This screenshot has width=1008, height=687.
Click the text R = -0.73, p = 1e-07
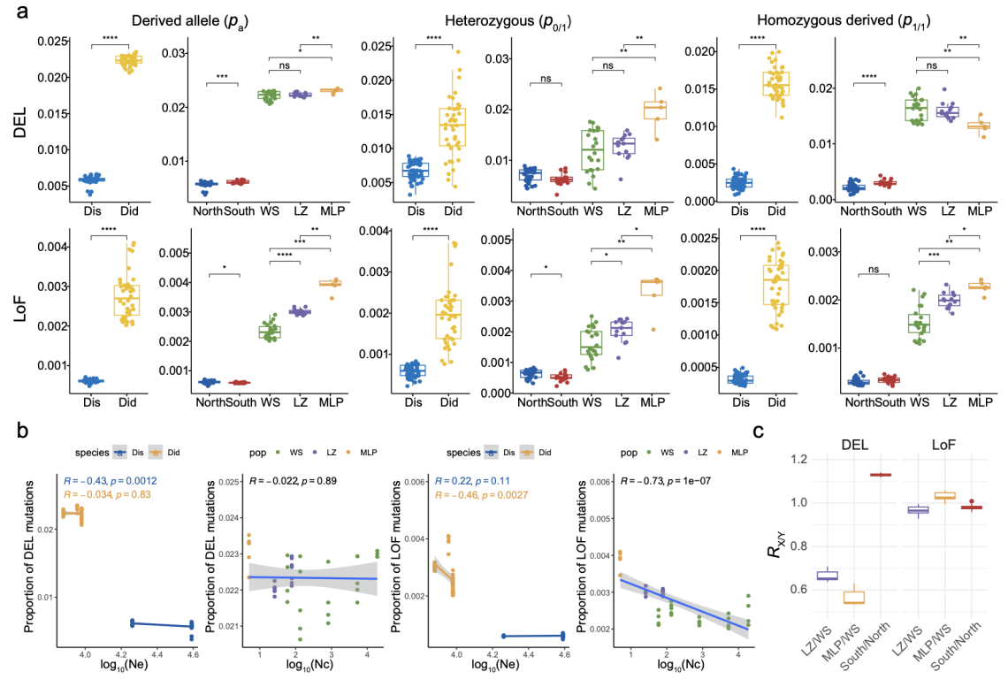click(x=683, y=481)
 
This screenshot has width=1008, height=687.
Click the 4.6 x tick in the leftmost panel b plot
click(x=191, y=654)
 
